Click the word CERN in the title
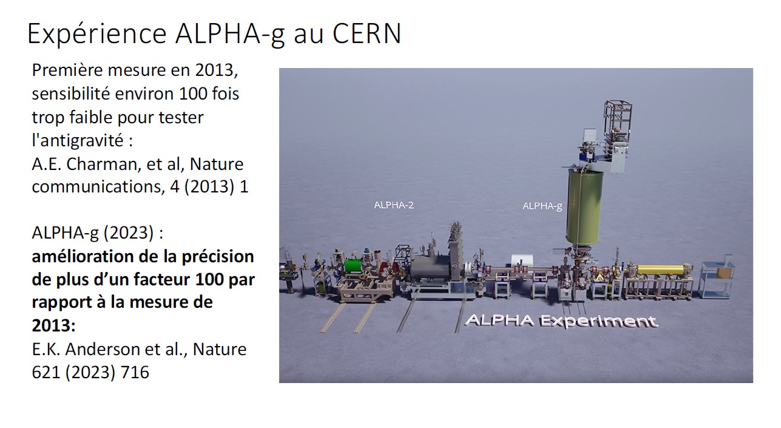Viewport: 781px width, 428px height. pos(367,34)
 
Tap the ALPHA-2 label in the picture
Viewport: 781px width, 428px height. pos(394,205)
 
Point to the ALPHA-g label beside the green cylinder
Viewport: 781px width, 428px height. pos(542,206)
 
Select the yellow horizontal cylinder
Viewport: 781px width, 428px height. pos(661,270)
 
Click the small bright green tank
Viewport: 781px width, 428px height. pos(354,266)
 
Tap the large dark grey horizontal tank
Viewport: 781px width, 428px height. pos(430,267)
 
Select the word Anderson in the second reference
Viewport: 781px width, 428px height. pos(121,349)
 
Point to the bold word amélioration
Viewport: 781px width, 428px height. pos(83,256)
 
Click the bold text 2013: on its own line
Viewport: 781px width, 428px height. pos(53,325)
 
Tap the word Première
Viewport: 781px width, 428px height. pos(67,70)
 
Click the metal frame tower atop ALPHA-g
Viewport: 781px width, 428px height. pos(618,120)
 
